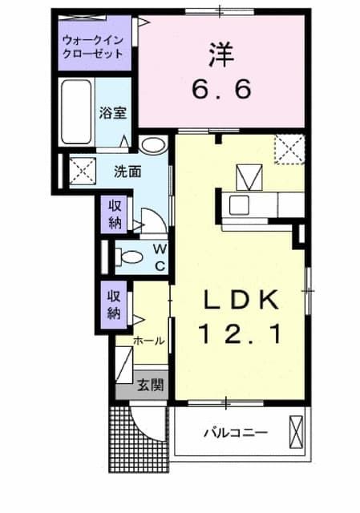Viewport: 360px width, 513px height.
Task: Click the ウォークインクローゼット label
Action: coord(93,46)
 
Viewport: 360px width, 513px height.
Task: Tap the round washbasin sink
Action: coord(152,145)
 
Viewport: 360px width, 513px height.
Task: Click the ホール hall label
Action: coord(148,340)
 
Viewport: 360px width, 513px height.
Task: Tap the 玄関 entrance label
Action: coord(150,385)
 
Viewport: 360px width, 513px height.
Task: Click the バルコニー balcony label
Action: coord(234,433)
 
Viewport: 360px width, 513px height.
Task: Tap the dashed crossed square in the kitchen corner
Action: coord(288,148)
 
